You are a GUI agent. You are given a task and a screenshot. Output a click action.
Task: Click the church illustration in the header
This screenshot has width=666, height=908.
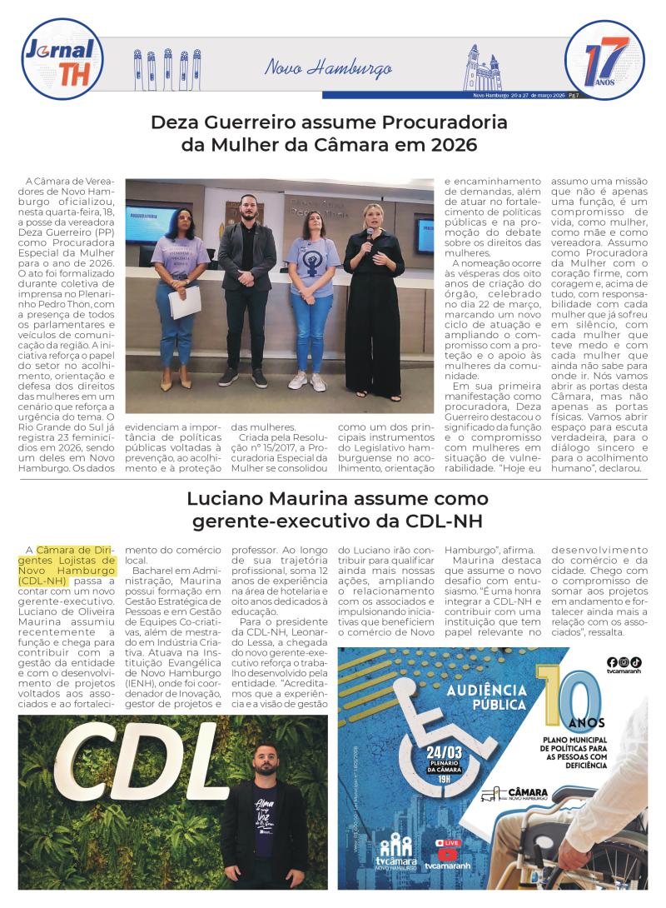click(482, 69)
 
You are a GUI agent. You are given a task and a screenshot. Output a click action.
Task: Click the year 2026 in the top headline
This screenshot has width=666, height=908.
click(448, 144)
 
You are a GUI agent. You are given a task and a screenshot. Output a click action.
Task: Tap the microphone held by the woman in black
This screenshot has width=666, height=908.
click(369, 234)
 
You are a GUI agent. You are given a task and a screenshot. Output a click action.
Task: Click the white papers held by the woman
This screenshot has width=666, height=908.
click(184, 302)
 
